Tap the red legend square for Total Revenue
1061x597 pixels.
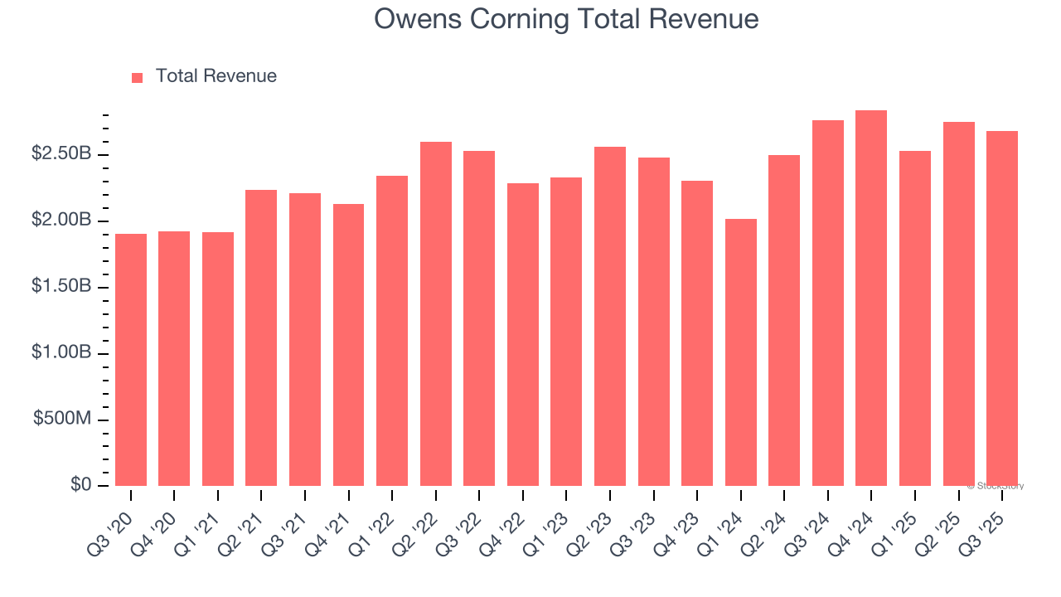click(138, 77)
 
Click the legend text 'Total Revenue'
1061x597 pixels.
click(216, 76)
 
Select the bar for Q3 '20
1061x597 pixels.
click(131, 360)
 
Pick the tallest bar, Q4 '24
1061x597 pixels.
click(871, 298)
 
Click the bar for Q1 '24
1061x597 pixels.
click(740, 352)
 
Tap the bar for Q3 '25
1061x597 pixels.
click(1001, 308)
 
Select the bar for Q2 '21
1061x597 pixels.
click(261, 337)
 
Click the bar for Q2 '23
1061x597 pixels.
click(610, 316)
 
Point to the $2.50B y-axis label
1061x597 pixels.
click(61, 154)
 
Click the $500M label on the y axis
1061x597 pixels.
click(62, 419)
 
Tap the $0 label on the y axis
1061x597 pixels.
click(80, 485)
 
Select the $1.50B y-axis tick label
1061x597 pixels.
click(61, 286)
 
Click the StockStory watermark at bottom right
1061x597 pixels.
click(996, 486)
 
